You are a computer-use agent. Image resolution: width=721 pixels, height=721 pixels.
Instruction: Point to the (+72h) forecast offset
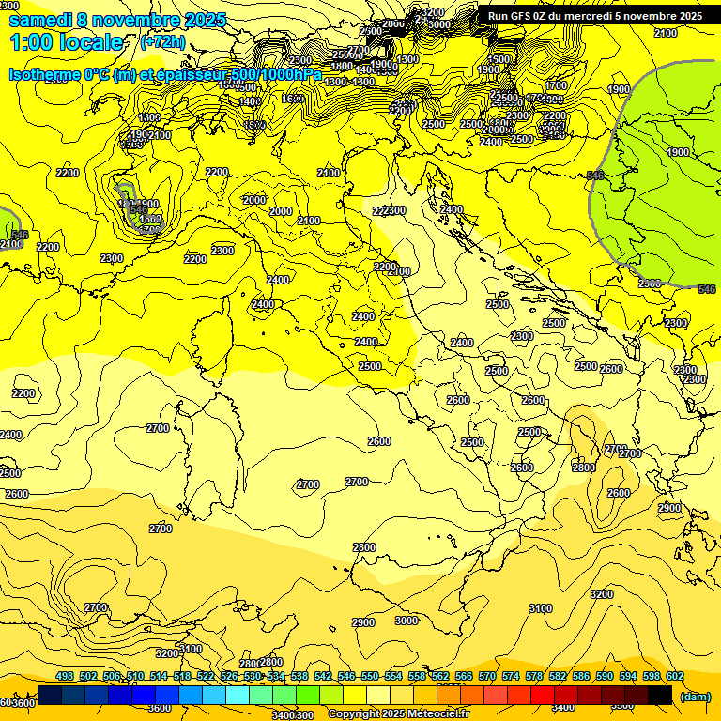[x=162, y=43]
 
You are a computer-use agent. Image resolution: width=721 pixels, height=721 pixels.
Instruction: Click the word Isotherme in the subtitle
[x=43, y=74]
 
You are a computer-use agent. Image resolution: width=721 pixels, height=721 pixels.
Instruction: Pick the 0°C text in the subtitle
[x=97, y=74]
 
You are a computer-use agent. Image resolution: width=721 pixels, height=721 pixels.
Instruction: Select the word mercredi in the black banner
[x=593, y=16]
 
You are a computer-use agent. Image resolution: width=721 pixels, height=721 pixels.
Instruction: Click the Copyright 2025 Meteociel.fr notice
[x=398, y=714]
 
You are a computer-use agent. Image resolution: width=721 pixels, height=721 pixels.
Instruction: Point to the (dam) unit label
[x=695, y=697]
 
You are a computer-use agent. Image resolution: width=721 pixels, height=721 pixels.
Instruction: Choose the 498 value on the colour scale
[x=65, y=677]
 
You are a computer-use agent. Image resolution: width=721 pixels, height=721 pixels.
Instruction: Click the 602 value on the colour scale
[x=675, y=677]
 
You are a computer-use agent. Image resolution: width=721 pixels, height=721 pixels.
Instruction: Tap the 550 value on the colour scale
[x=370, y=677]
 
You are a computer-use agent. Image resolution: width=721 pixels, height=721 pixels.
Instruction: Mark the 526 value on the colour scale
[x=229, y=677]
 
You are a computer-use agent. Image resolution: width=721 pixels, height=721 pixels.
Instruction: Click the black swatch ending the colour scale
[x=660, y=695]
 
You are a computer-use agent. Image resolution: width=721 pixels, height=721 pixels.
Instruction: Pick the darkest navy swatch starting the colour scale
[x=50, y=695]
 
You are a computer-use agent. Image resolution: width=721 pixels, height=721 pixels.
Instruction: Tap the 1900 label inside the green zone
[x=678, y=152]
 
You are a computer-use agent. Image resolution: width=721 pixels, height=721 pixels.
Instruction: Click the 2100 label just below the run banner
[x=665, y=33]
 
